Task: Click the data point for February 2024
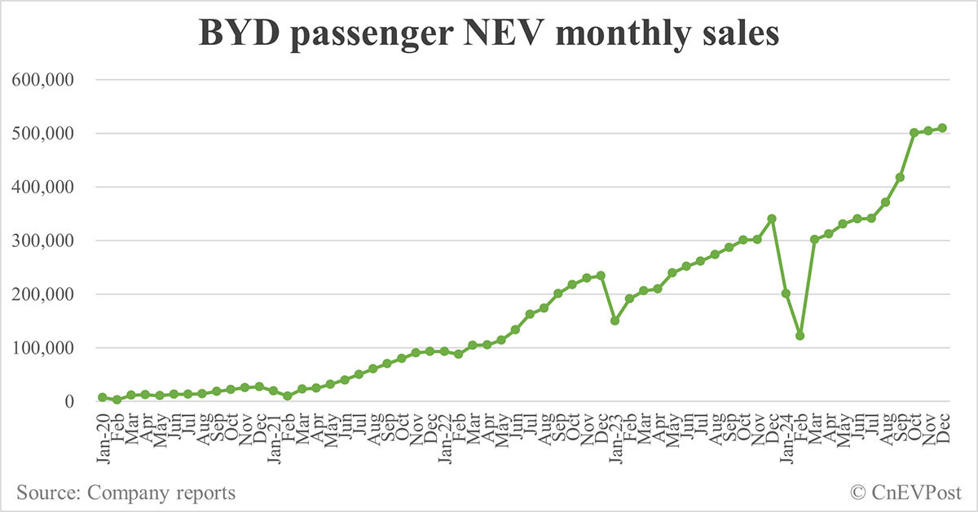point(800,336)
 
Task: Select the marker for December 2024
point(942,128)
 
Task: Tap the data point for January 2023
point(615,320)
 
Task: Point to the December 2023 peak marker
point(772,218)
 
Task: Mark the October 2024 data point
point(914,132)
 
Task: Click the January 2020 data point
point(103,397)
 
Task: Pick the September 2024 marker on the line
point(900,178)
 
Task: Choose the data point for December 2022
point(601,276)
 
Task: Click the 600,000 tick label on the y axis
point(42,80)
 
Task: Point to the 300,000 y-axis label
point(42,241)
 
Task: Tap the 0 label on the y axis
point(69,402)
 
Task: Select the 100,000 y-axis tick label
point(42,348)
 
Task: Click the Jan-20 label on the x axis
point(104,438)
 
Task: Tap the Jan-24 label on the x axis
point(788,438)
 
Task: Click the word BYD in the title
point(239,33)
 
